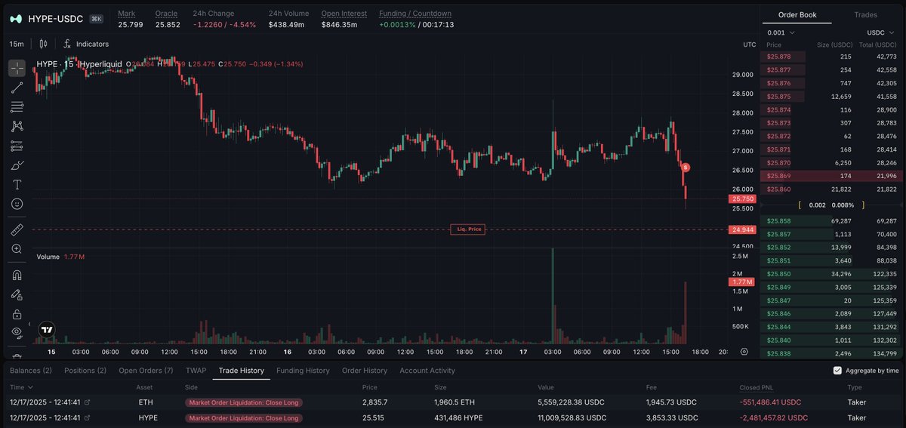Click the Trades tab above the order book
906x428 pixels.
865,15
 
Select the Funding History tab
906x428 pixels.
303,371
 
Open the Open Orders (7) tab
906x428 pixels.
146,371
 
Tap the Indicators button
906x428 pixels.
92,45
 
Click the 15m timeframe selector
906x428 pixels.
17,45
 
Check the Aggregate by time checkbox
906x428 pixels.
837,371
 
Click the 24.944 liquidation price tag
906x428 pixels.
739,229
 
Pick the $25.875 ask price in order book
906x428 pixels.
778,97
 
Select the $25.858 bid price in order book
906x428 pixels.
778,220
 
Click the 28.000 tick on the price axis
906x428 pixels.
744,113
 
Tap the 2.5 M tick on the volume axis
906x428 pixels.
740,257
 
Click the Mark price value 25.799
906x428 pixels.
130,25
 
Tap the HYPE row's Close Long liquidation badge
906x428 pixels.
244,417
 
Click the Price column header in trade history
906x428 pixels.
370,386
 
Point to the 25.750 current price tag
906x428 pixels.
739,199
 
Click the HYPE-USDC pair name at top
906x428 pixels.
56,18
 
